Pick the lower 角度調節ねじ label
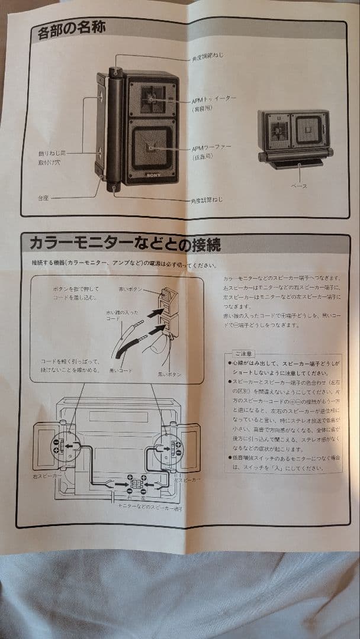click(207, 200)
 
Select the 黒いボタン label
click(169, 375)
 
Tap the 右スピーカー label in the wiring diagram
click(48, 475)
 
